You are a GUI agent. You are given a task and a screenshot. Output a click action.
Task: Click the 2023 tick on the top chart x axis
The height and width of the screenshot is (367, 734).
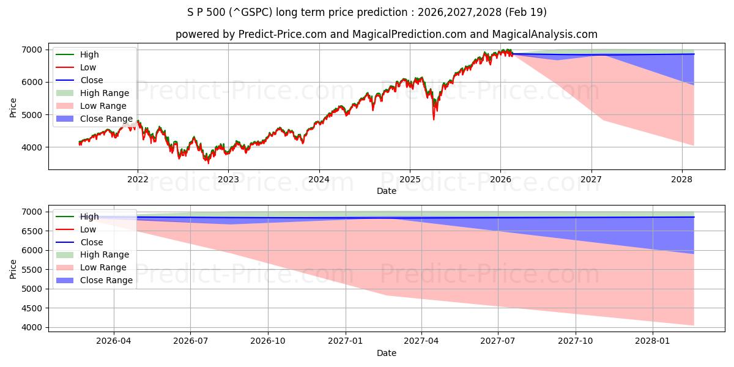point(228,179)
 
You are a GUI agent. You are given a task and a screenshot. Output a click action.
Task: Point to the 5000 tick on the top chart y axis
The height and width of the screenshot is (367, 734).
point(33,114)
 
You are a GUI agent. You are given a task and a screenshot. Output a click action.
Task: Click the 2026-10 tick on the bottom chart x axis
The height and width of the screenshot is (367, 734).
point(269,341)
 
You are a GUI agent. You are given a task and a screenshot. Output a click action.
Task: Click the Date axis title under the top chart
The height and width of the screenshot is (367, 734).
point(386,191)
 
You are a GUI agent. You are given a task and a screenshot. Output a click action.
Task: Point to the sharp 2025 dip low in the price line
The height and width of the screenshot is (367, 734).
point(434,119)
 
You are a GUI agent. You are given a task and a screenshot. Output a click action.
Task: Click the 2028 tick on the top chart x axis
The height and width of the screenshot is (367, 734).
point(681,179)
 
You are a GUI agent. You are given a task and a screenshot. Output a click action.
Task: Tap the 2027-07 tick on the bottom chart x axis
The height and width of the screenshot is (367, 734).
point(499,341)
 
